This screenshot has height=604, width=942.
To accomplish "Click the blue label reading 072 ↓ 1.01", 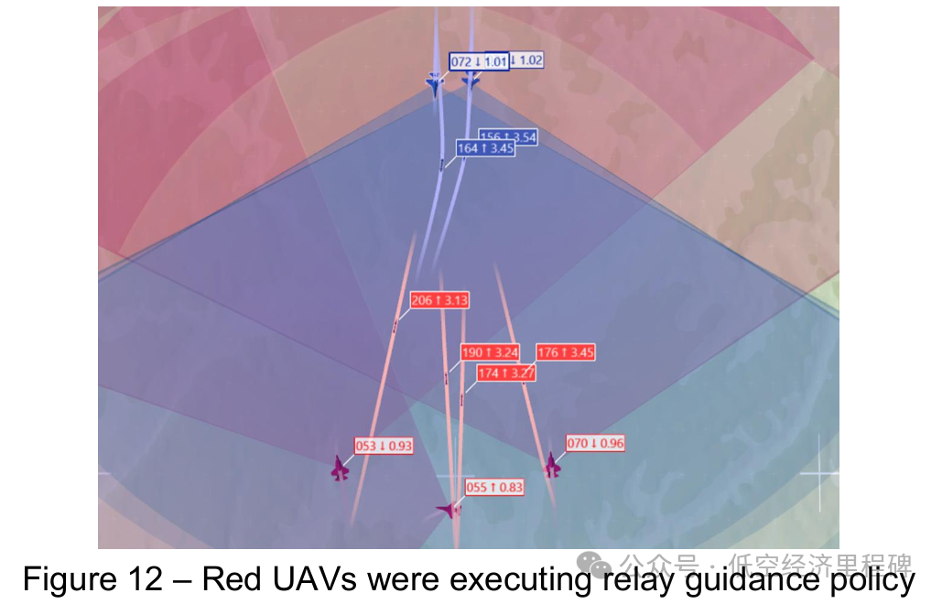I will tap(479, 61).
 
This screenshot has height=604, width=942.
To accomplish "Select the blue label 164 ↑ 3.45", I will tap(485, 147).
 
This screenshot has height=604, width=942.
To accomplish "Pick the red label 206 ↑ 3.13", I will tap(439, 300).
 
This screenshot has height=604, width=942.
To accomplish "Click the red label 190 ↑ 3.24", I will tap(490, 352).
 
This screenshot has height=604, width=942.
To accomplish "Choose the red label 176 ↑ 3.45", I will tap(566, 352).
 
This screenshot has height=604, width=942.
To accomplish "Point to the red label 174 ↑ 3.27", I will tap(506, 373).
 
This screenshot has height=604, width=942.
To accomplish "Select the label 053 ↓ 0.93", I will tap(384, 446).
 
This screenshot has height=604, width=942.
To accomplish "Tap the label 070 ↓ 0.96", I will tap(595, 444).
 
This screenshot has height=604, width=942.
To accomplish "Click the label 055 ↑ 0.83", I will tap(494, 488).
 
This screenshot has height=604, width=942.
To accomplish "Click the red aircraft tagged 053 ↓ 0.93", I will tap(341, 469).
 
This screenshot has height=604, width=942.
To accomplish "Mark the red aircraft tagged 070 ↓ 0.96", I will tap(552, 466).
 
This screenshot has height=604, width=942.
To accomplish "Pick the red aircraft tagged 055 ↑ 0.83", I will tap(449, 509).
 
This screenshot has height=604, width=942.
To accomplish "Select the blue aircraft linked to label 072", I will tap(434, 84).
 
